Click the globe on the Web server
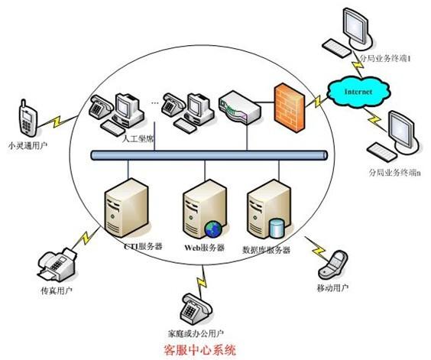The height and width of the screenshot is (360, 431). pos(212,229)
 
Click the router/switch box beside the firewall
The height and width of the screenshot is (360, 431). pos(239,109)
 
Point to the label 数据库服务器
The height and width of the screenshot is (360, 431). pos(267,249)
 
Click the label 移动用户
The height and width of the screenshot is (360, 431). pos(333,287)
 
